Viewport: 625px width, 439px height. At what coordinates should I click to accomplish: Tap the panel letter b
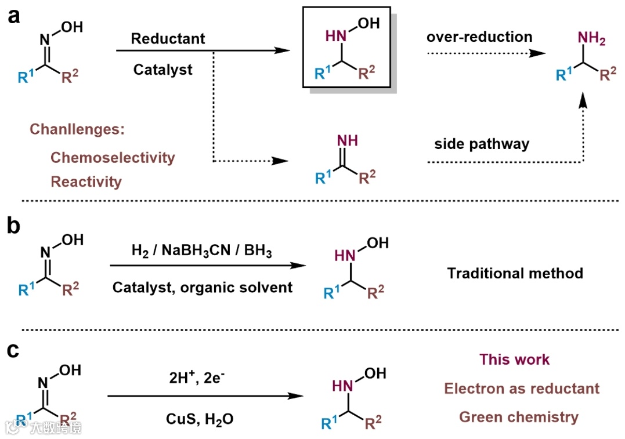pyautogui.click(x=15, y=226)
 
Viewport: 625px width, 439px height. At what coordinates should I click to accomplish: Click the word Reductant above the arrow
pyautogui.click(x=168, y=39)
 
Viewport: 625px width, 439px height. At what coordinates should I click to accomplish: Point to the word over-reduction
pyautogui.click(x=479, y=37)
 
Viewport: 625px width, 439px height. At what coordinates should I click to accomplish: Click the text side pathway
pyautogui.click(x=482, y=144)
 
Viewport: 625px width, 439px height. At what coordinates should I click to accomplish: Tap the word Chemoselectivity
pyautogui.click(x=113, y=157)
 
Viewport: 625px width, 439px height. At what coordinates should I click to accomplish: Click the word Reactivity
pyautogui.click(x=86, y=182)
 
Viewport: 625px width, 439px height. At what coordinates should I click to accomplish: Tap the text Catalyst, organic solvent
pyautogui.click(x=203, y=287)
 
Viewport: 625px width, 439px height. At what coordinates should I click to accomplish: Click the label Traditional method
pyautogui.click(x=515, y=273)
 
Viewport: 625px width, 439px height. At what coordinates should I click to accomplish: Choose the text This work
pyautogui.click(x=514, y=360)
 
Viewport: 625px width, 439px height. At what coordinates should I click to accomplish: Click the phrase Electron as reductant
pyautogui.click(x=522, y=388)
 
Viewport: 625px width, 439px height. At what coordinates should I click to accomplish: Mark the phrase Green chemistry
pyautogui.click(x=519, y=416)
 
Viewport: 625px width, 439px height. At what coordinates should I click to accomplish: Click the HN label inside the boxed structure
pyautogui.click(x=336, y=37)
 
